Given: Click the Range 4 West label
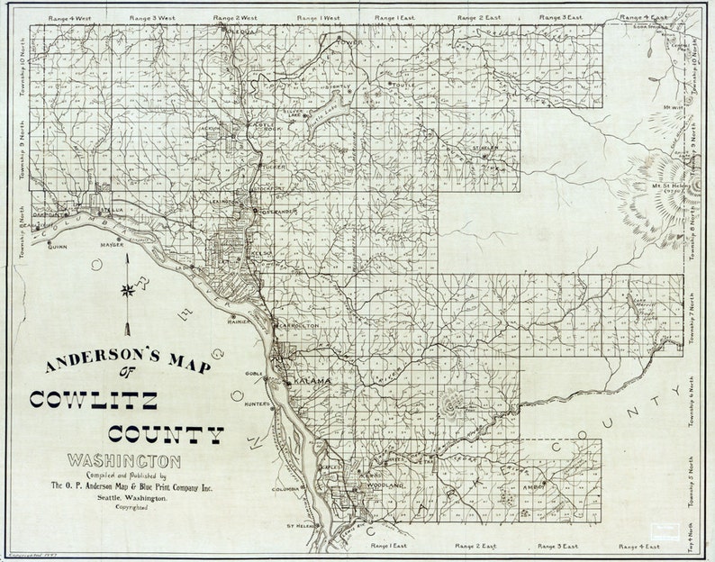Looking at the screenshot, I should [x=59, y=17].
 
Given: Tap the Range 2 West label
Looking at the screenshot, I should [x=235, y=17].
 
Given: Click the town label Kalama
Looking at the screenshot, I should [x=311, y=382].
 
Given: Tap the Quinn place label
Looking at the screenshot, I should [x=58, y=245].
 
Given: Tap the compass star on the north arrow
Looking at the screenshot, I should [x=130, y=290].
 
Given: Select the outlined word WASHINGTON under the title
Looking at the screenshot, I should [x=123, y=461].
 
